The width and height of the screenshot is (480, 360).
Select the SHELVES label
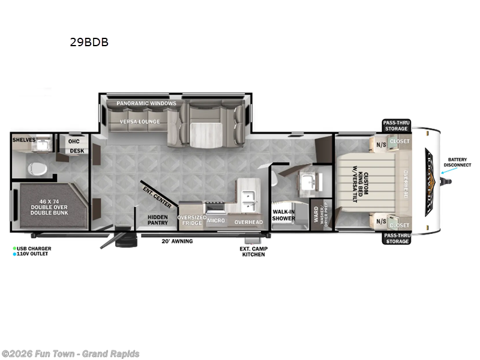point(24,140)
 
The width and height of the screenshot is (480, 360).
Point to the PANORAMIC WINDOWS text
point(146,103)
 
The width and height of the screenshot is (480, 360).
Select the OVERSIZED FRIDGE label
point(191,220)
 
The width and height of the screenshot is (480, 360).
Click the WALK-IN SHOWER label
point(284,215)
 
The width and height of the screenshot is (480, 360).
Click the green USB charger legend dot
point(14,248)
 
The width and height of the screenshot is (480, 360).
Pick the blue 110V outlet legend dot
point(14,254)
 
